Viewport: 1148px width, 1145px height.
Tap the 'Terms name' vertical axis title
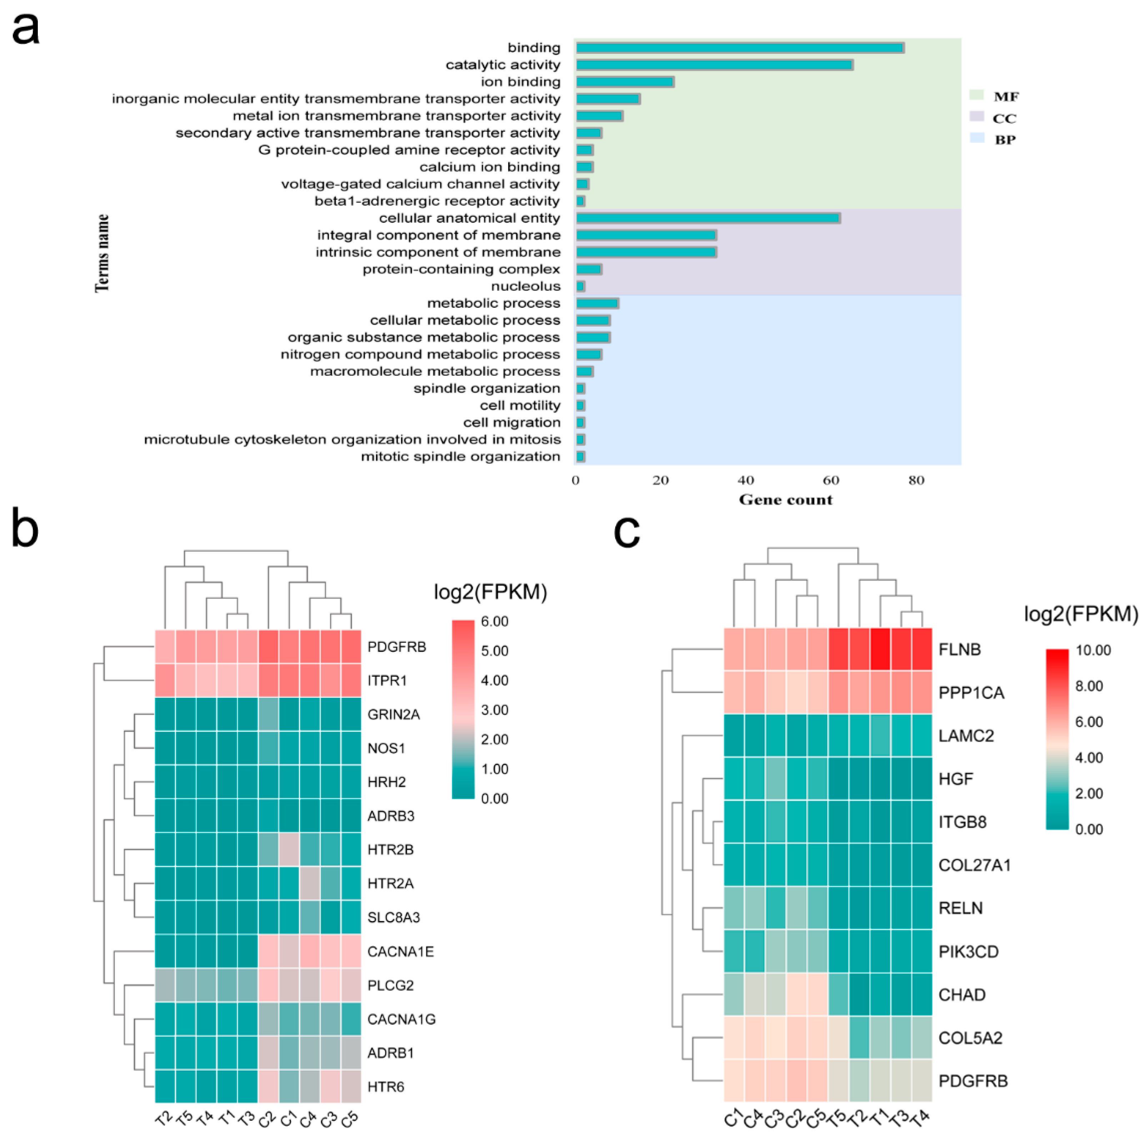click(102, 253)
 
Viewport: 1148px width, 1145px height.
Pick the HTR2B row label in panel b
click(390, 850)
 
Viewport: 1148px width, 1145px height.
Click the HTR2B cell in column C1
click(289, 850)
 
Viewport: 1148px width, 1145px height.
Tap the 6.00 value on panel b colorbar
click(495, 621)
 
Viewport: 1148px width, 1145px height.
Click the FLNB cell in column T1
click(880, 649)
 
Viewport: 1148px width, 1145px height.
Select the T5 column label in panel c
click(838, 1119)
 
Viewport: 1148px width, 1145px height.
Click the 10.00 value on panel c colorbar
click(1093, 650)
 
